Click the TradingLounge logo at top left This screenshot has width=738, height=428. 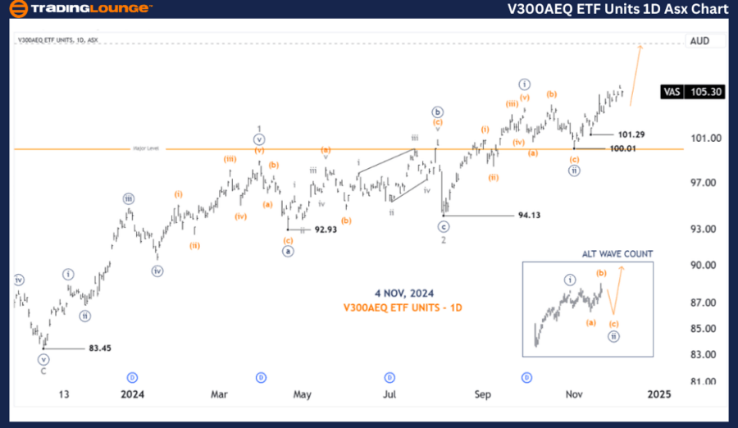click(80, 9)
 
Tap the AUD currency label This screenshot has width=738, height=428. click(699, 41)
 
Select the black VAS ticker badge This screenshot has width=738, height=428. click(671, 92)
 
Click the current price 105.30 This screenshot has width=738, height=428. click(707, 92)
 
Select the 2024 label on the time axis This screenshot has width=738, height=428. click(132, 394)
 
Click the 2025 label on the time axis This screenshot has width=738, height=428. click(659, 394)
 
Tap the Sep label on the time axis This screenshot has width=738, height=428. click(482, 394)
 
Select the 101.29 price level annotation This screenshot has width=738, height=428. click(632, 134)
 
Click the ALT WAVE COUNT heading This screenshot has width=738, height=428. click(617, 254)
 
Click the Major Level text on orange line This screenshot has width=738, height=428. click(146, 148)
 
